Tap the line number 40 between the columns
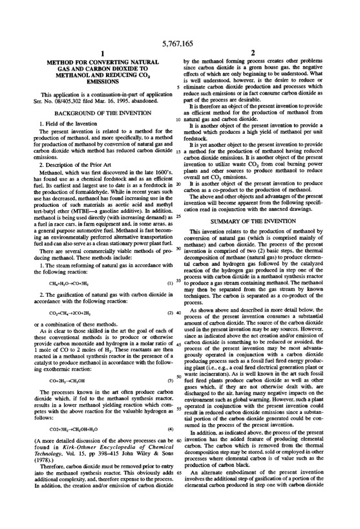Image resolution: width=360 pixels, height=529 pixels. [x=177, y=313]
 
